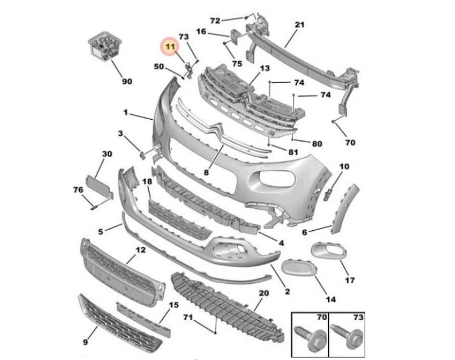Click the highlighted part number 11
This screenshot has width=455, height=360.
[x=170, y=46]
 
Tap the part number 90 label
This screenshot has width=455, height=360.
[x=127, y=81]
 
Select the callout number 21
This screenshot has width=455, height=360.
[x=299, y=25]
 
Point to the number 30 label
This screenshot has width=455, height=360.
[x=107, y=153]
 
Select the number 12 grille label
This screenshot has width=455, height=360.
[x=141, y=250]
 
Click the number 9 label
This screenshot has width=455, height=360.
[x=85, y=342]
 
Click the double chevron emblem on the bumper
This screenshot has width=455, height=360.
[x=217, y=130]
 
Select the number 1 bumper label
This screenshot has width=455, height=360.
[x=125, y=113]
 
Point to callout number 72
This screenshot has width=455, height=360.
[x=215, y=21]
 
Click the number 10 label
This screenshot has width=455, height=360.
[x=345, y=167]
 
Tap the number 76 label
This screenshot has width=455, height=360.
[x=78, y=190]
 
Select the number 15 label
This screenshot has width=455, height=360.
[x=174, y=305]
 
